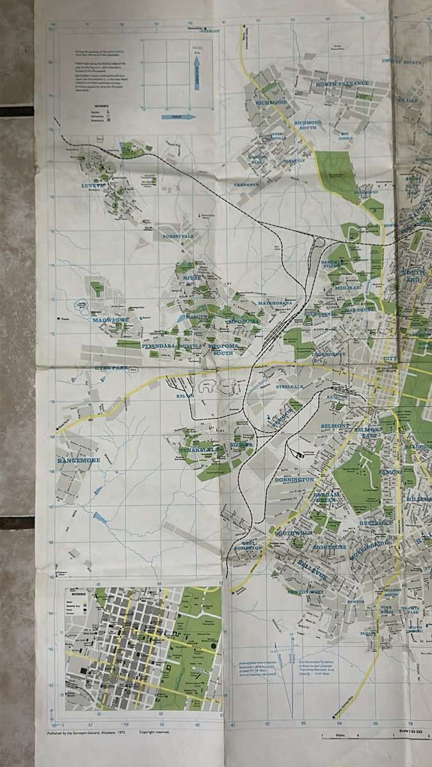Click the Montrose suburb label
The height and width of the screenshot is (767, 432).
(330, 547)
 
